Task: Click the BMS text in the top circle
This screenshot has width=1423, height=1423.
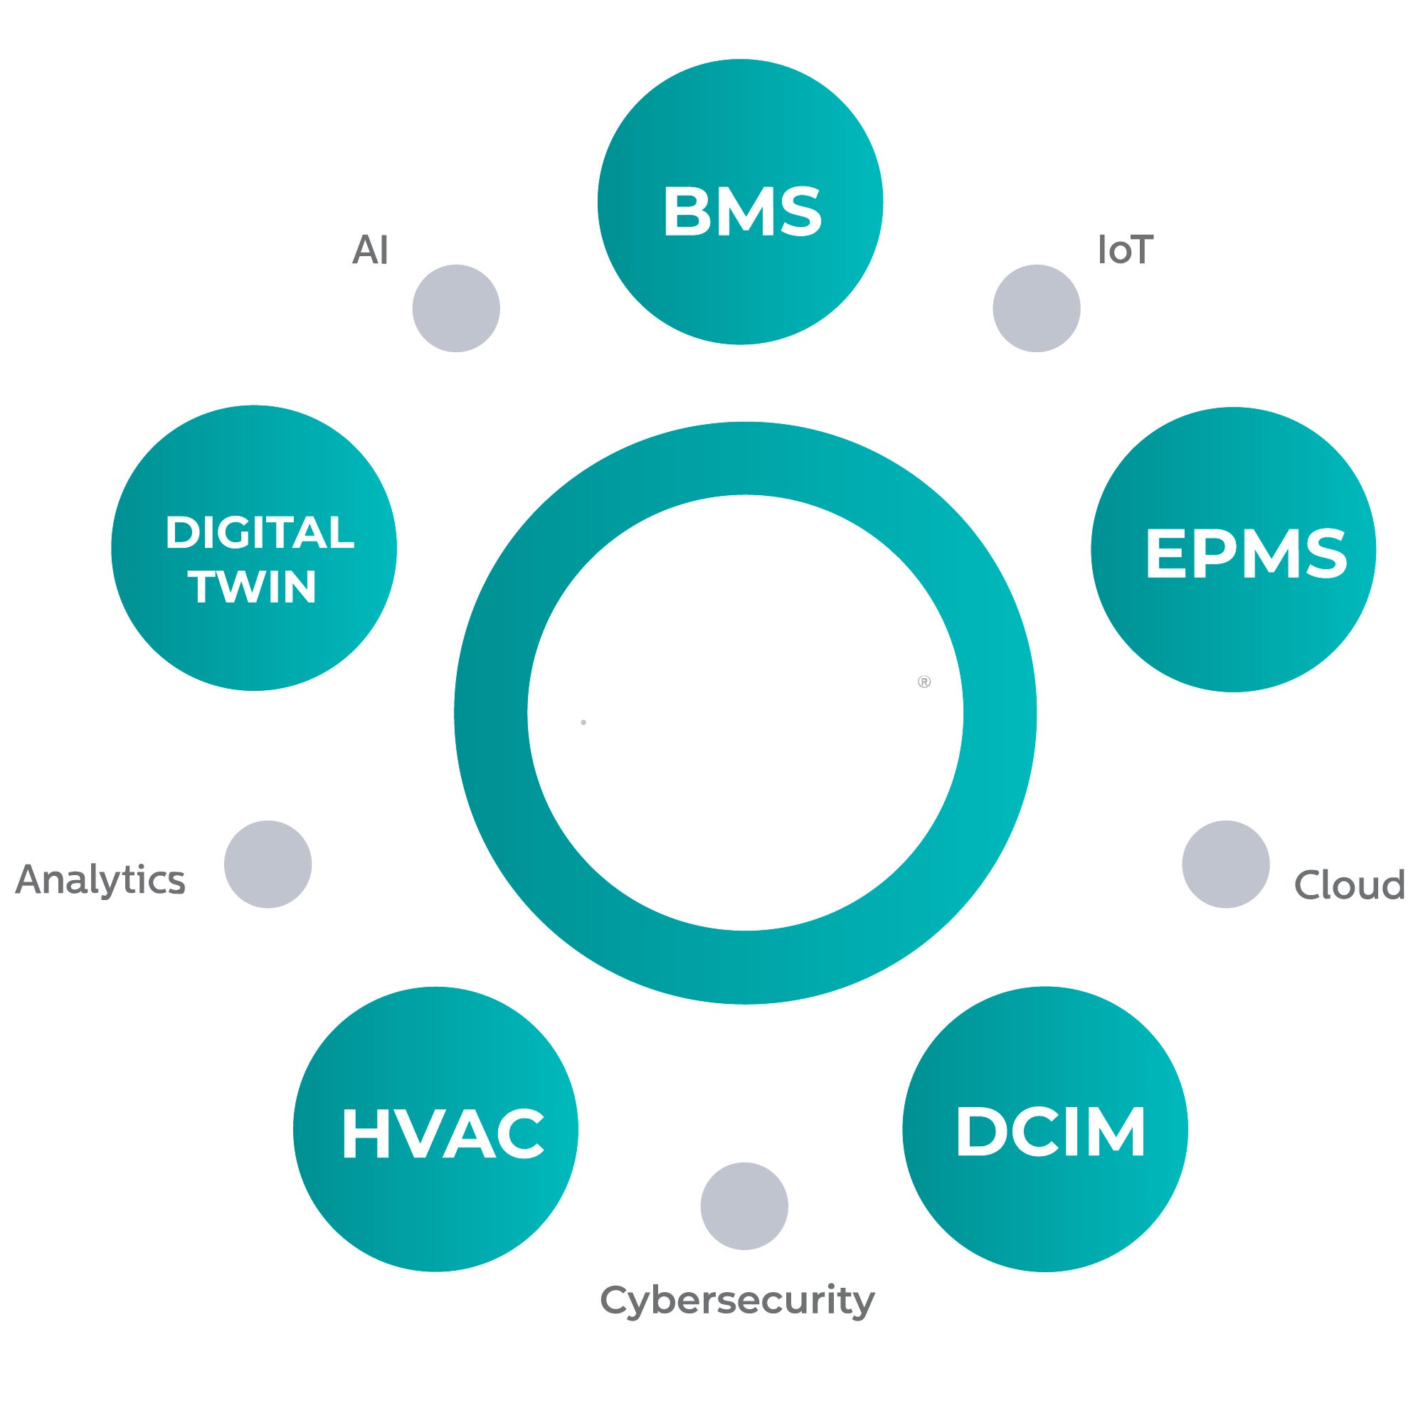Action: point(741,211)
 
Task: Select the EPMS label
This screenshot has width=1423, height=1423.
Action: point(1246,553)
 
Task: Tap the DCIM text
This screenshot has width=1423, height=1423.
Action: point(1050,1133)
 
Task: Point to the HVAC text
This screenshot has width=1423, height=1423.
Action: point(442,1134)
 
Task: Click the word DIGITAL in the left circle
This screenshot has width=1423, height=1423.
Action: point(259,532)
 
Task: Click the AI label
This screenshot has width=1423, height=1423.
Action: point(370,250)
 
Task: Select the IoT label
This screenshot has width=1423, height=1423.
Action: point(1125,250)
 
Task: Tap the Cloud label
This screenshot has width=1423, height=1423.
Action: point(1349,885)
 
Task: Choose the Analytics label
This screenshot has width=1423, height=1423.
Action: point(100,880)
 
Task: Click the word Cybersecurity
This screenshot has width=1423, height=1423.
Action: point(737,1300)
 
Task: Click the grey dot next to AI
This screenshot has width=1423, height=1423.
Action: point(456,309)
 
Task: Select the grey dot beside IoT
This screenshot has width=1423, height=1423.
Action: point(1037,309)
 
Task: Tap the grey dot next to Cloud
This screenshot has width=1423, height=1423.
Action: point(1226,864)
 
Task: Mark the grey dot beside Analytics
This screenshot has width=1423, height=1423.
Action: point(268,864)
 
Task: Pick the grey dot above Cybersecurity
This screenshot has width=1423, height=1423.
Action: point(744,1207)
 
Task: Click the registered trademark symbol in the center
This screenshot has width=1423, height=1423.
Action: point(924,682)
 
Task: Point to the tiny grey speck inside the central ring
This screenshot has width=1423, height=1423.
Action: point(583,723)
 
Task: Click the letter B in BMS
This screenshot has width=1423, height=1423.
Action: point(685,211)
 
